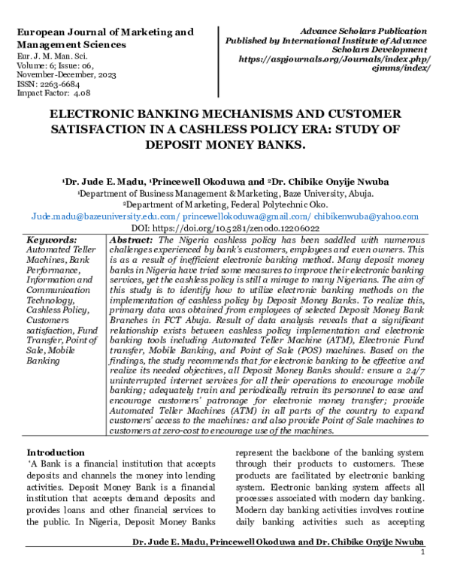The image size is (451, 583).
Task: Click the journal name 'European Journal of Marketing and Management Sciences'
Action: (x=104, y=38)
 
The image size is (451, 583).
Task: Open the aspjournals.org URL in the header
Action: (x=334, y=57)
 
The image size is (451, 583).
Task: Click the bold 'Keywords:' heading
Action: (x=52, y=239)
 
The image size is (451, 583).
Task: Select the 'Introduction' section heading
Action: (x=56, y=453)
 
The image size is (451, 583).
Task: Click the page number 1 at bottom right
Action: (x=423, y=552)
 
